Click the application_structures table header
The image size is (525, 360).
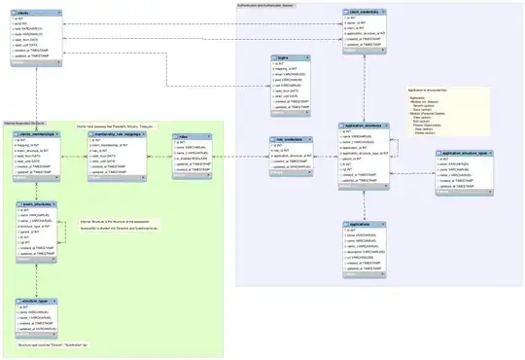coord(366,126)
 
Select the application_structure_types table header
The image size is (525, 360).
coord(465,154)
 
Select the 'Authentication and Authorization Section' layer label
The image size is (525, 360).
coord(268,5)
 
